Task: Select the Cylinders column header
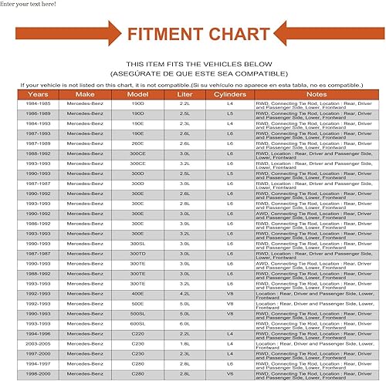pos(229,94)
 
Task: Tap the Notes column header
pos(317,94)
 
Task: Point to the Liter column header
pos(185,94)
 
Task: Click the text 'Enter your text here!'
pos(28,5)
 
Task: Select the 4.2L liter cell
pos(185,293)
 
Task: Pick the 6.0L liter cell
pos(185,323)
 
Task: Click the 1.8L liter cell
pos(185,343)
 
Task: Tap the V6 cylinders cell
pos(229,373)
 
